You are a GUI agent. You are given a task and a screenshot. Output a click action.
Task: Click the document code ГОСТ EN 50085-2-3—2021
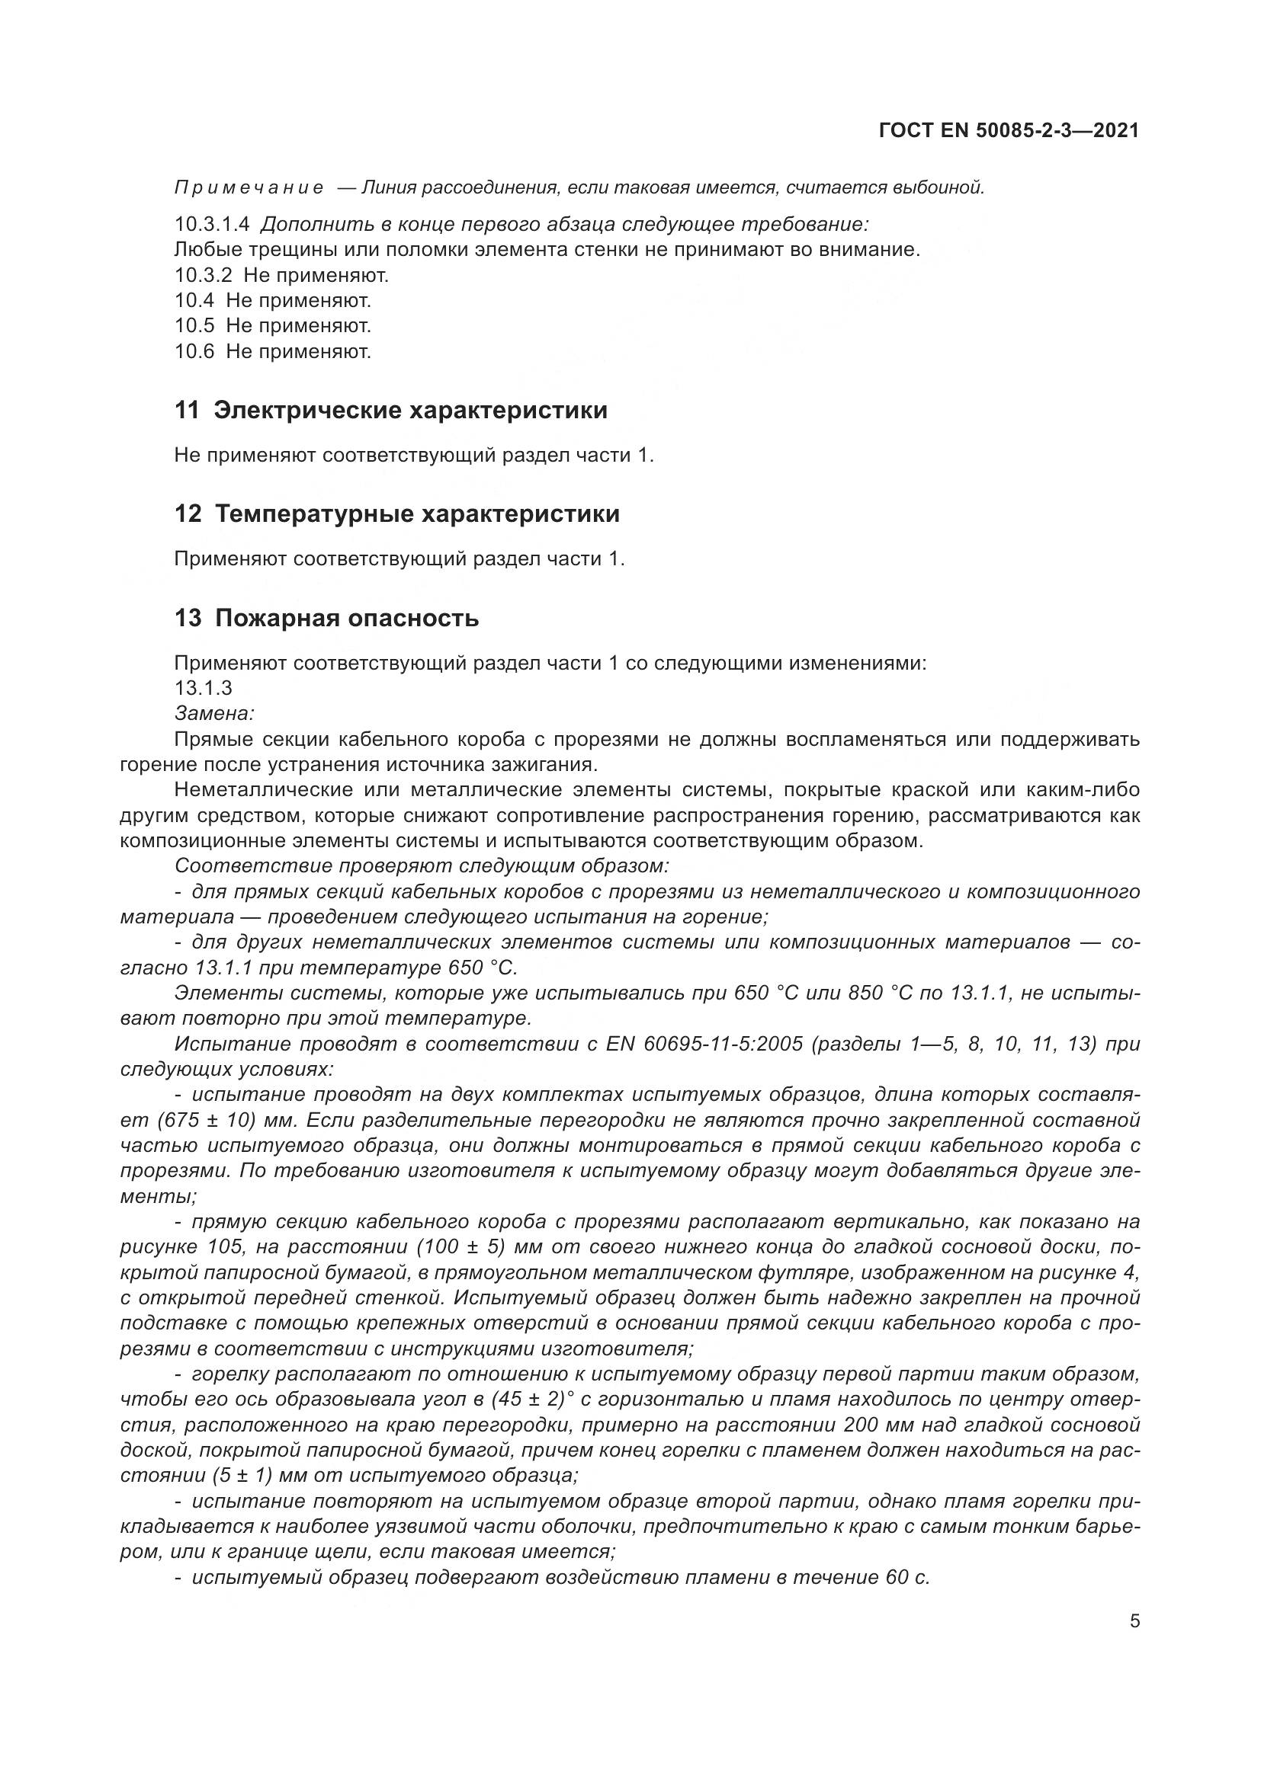coord(1008,130)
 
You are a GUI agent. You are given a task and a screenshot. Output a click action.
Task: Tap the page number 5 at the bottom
coord(1134,1620)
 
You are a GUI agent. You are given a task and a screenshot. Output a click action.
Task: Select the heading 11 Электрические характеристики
coord(390,411)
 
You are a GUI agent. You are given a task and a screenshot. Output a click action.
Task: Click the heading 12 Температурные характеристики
coord(396,513)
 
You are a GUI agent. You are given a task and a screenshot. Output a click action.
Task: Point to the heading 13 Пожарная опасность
coord(326,619)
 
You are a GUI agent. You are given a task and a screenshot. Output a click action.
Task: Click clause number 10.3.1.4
coord(212,224)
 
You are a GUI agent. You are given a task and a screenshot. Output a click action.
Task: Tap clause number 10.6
coord(194,351)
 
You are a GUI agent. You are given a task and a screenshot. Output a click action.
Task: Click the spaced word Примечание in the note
coord(249,188)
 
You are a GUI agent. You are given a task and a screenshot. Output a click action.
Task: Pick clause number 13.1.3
coord(204,688)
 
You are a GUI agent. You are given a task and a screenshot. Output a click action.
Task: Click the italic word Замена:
coord(214,713)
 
